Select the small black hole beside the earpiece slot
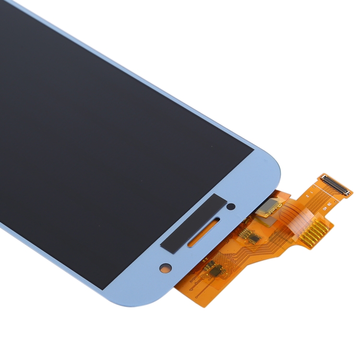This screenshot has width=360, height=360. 231,207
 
